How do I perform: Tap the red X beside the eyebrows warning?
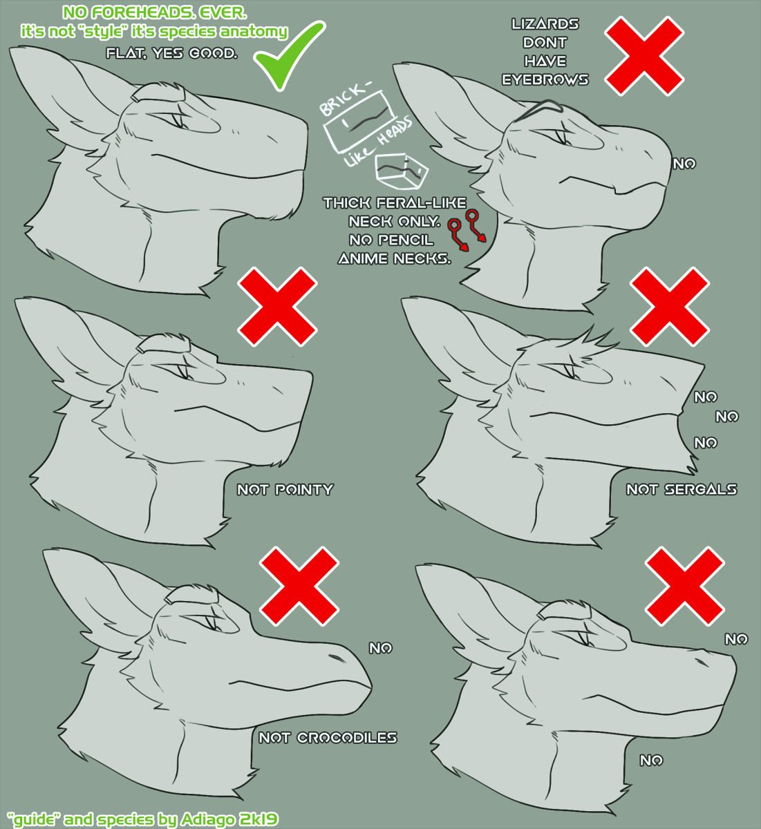pos(644,56)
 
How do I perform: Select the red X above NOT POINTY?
pos(277,307)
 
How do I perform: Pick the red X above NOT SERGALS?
pos(670,307)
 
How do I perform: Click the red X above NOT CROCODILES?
pos(299,586)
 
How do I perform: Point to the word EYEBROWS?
pos(545,79)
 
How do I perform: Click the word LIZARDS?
pos(545,24)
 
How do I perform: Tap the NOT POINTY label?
pos(285,490)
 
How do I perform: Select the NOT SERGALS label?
pos(682,490)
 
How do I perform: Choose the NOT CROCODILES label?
pos(328,738)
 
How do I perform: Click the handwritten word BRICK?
pos(344,99)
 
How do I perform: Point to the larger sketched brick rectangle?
pos(358,121)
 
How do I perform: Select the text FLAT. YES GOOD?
pos(171,53)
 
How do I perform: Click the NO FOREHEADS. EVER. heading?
pos(154,13)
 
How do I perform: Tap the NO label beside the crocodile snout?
pos(380,648)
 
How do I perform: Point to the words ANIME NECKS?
pos(394,258)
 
